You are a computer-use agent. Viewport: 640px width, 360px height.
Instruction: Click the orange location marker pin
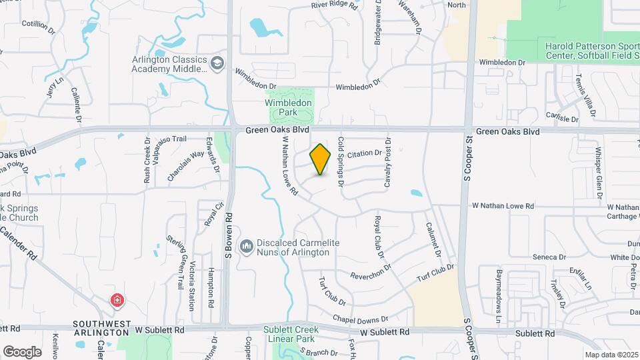tap(321, 159)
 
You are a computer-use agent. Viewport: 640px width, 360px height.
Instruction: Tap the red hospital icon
tap(117, 300)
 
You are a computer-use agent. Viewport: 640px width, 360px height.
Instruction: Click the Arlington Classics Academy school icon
tap(217, 63)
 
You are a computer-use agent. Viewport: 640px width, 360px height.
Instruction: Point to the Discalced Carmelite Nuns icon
tap(247, 247)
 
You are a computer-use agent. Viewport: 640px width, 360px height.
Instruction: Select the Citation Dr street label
tap(364, 153)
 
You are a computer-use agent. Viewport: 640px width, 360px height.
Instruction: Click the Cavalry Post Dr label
tap(387, 162)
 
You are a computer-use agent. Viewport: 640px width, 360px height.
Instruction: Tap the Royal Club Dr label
tap(378, 237)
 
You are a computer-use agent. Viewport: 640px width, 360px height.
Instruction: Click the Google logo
tap(22, 351)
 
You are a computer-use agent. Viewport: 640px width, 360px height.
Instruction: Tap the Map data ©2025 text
tap(611, 355)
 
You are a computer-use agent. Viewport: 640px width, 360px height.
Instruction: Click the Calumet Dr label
tap(434, 240)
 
